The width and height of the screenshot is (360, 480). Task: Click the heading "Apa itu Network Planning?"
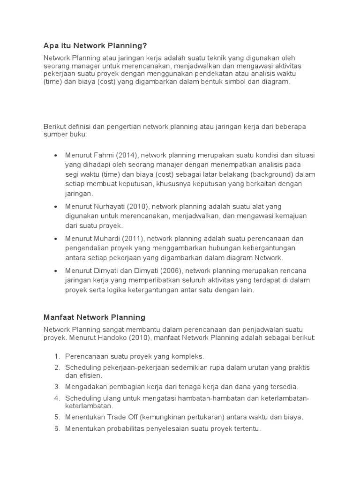[95, 45]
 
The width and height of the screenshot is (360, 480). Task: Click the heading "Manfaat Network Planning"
[94, 317]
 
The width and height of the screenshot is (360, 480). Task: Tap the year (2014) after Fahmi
[126, 155]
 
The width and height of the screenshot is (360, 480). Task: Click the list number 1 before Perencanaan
[57, 356]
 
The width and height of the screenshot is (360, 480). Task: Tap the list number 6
[57, 429]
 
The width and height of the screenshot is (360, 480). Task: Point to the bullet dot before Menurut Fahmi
[56, 156]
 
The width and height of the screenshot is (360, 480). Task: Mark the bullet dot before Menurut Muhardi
[56, 239]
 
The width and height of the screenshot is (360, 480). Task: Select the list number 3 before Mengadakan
[57, 386]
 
